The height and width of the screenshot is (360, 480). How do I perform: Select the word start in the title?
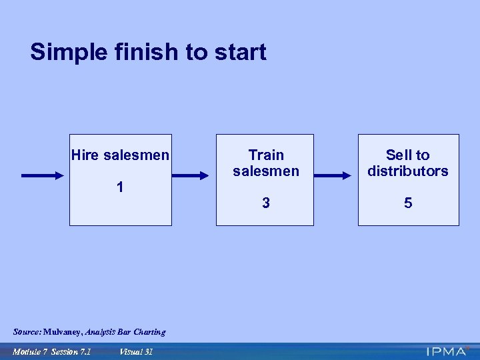click(239, 52)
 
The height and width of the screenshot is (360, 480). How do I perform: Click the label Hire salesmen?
click(120, 155)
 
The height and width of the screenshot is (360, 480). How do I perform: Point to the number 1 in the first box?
click(120, 187)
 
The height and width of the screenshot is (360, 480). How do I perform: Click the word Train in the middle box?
click(266, 155)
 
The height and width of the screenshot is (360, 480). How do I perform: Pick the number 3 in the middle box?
click(266, 203)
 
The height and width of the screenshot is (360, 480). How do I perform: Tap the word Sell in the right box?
click(399, 155)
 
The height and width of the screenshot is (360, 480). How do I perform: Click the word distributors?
click(408, 171)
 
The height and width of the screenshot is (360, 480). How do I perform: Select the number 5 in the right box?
click(408, 203)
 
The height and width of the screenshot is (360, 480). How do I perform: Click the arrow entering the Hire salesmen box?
click(45, 176)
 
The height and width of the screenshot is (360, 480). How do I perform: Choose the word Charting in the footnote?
click(149, 332)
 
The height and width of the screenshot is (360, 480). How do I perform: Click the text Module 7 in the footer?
click(30, 351)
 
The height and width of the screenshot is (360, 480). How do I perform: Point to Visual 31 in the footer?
click(136, 351)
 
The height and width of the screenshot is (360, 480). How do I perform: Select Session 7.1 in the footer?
click(71, 351)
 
